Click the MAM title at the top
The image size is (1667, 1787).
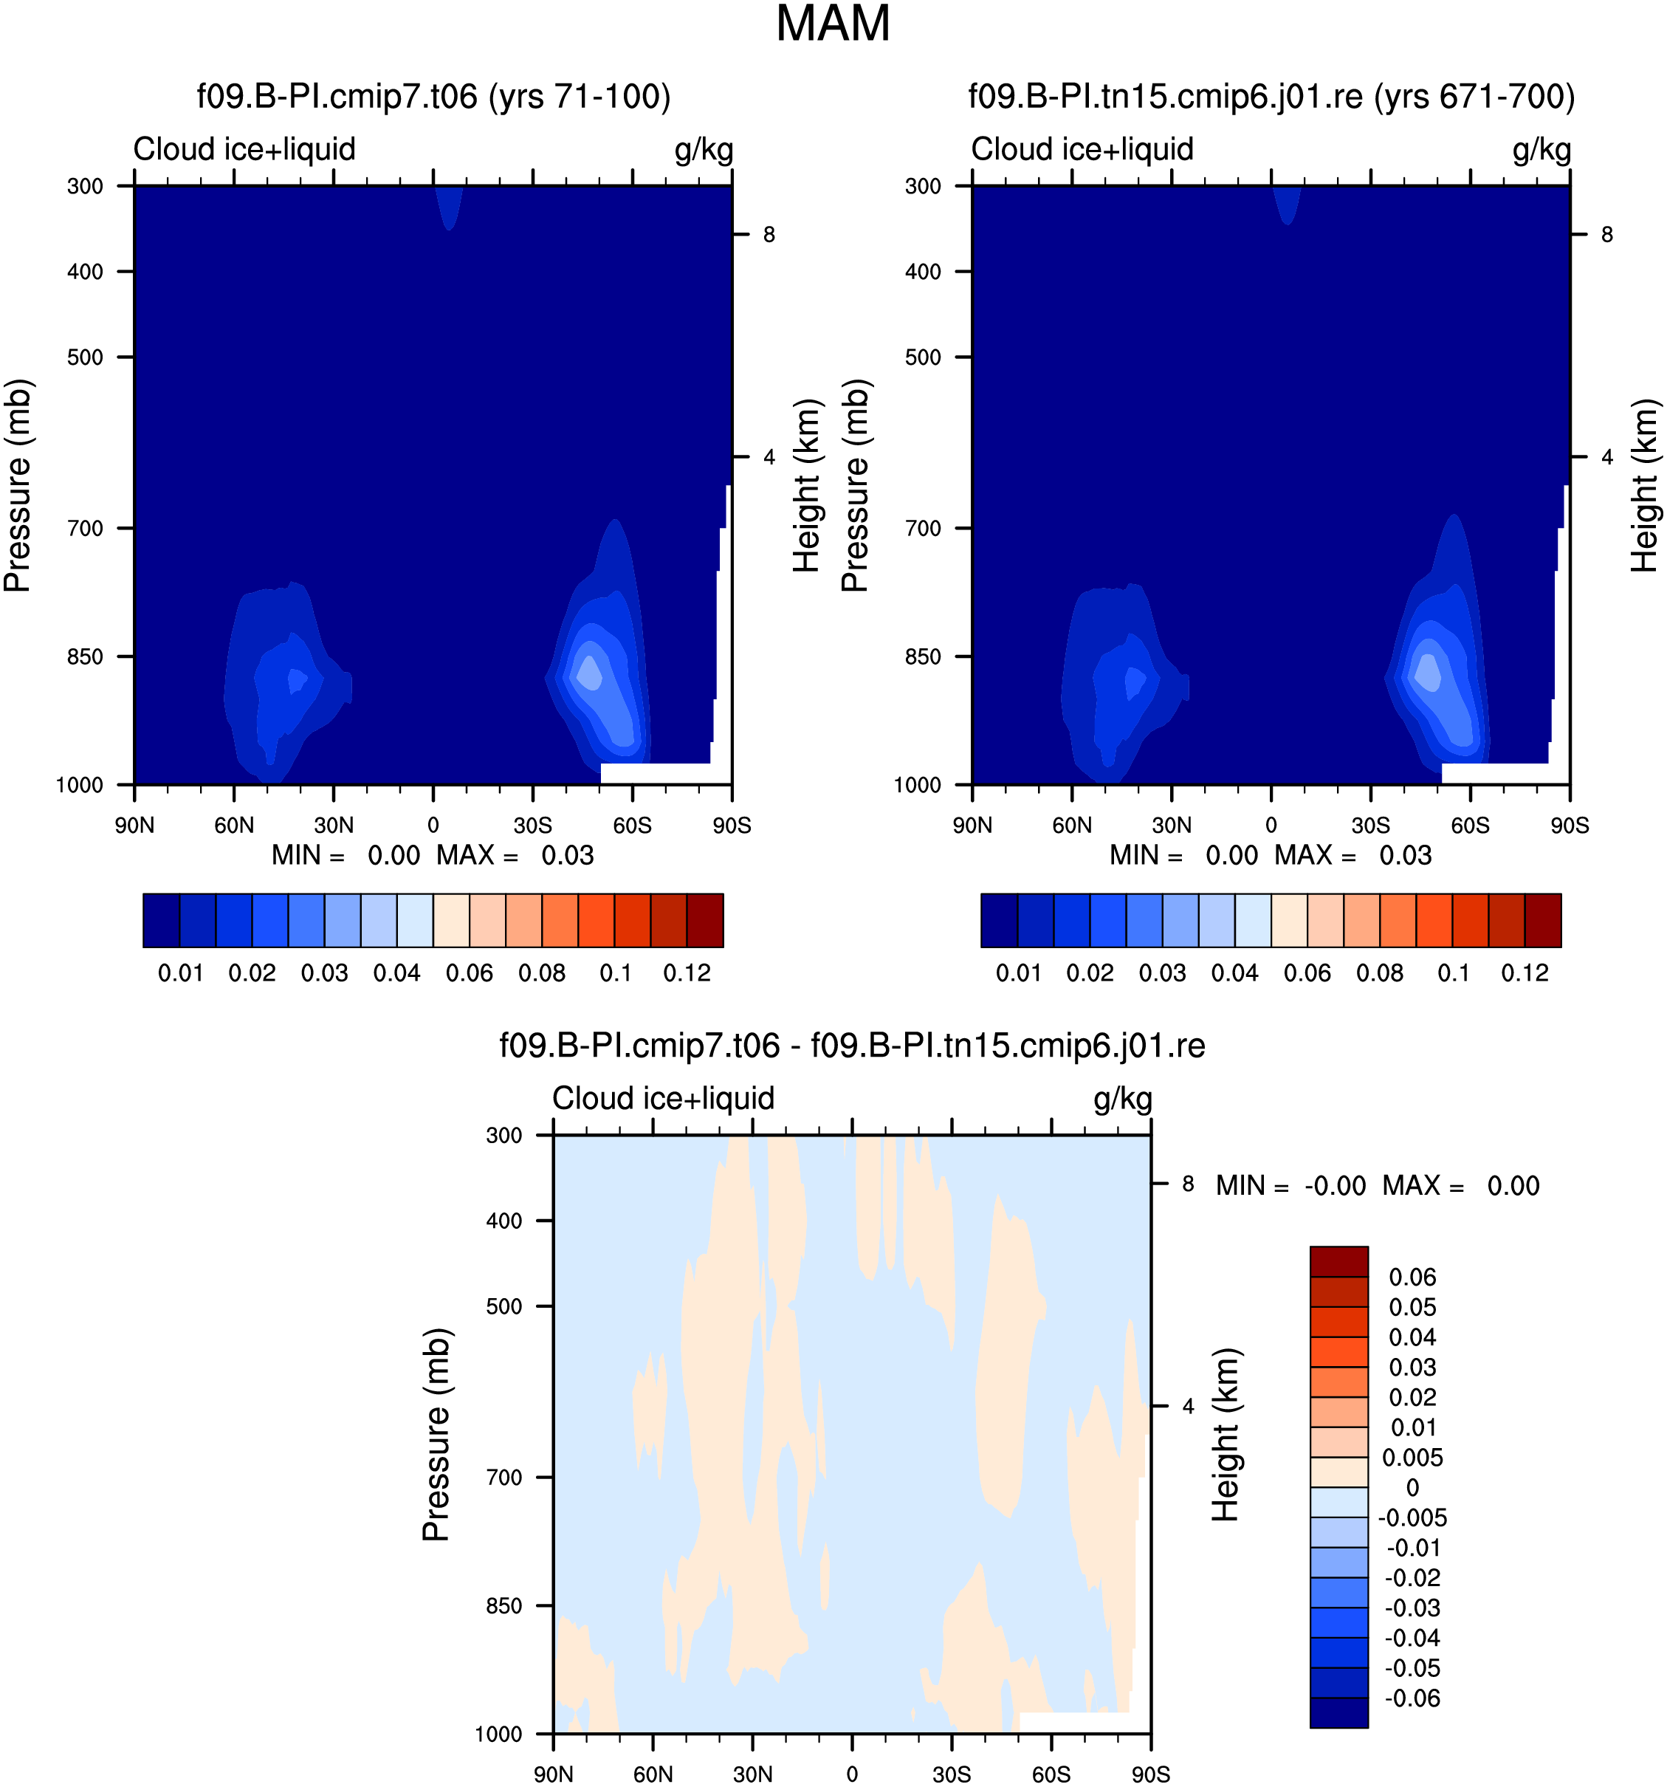[832, 24]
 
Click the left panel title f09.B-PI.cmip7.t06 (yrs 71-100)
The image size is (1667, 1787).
[434, 96]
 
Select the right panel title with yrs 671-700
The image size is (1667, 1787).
[1271, 96]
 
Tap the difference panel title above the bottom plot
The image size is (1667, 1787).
[852, 1046]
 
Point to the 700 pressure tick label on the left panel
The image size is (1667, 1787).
[86, 528]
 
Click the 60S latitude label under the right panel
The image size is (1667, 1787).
[1470, 824]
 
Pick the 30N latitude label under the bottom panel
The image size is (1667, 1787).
[752, 1774]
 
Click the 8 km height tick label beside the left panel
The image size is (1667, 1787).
[769, 235]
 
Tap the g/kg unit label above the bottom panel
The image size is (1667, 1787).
[1122, 1100]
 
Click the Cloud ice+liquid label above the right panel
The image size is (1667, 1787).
[1082, 149]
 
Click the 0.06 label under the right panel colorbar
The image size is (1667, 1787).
[1307, 973]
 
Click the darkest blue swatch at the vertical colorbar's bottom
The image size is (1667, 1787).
[1339, 1712]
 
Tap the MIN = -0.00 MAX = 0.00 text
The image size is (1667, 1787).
[1378, 1186]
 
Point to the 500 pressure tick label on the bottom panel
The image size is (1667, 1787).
[504, 1306]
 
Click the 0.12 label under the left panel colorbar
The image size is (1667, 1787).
[687, 973]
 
